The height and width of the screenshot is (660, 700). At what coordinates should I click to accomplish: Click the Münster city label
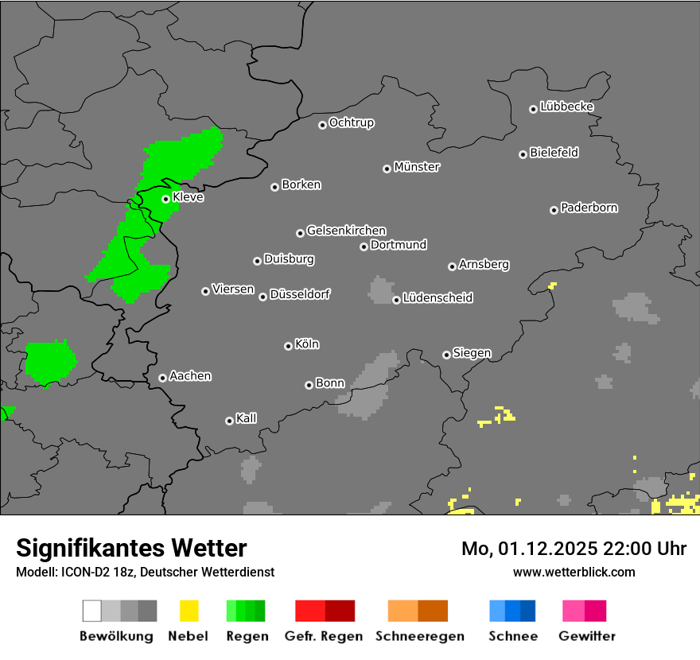[417, 167]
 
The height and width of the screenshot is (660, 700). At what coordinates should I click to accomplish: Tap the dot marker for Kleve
[165, 199]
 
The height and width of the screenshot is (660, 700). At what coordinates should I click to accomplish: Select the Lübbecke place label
[566, 107]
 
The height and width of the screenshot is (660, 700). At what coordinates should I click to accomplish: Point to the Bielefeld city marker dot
[523, 154]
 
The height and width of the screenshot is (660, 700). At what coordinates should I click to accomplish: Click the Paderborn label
[589, 208]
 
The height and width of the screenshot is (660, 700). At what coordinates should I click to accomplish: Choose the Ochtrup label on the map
[351, 122]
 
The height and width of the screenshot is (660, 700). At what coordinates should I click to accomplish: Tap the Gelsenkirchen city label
[346, 231]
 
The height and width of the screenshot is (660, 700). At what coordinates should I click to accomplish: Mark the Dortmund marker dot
[364, 247]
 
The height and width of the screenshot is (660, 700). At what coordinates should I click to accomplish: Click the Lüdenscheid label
[437, 297]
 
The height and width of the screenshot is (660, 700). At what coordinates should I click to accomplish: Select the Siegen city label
[472, 353]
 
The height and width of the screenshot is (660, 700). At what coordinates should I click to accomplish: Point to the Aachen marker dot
[162, 378]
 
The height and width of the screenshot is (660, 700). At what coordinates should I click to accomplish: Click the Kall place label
[246, 418]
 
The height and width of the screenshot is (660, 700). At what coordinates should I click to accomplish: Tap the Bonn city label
[330, 383]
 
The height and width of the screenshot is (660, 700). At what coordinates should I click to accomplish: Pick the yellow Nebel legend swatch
[189, 611]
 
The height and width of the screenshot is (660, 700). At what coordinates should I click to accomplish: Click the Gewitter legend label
[587, 636]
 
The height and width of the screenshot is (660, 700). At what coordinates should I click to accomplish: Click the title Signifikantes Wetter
[131, 548]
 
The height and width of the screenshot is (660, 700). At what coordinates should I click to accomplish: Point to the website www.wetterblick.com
[574, 572]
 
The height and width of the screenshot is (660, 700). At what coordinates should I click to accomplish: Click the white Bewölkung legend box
[92, 611]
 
